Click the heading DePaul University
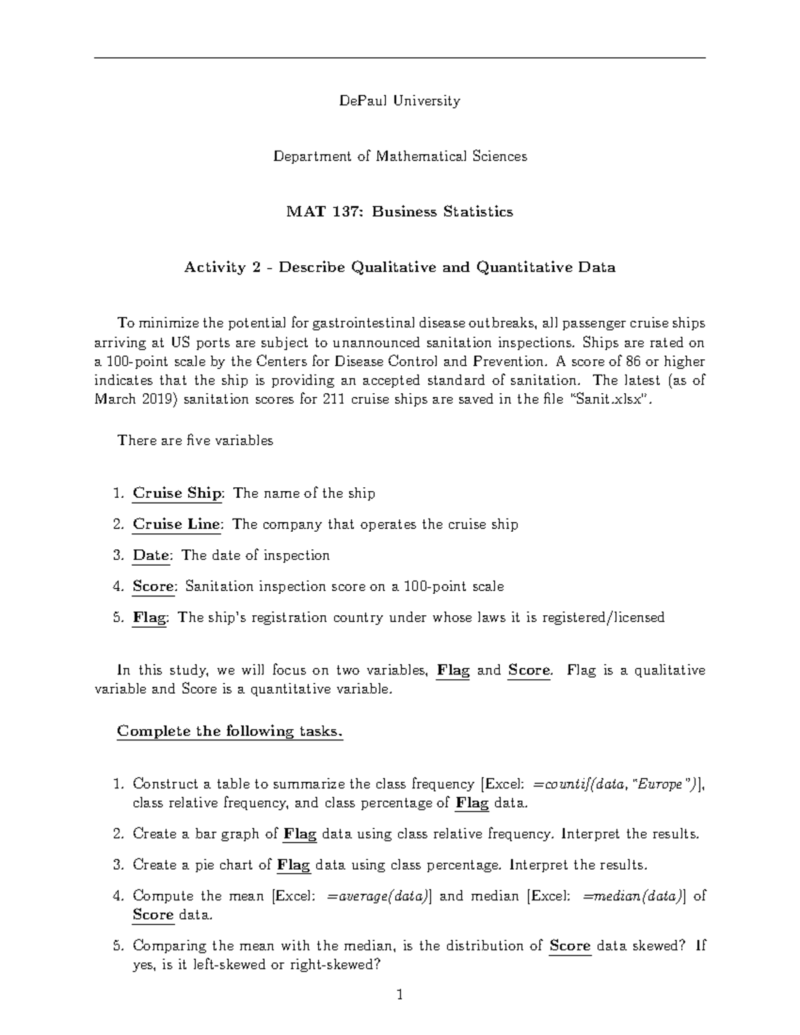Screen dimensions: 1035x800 coord(399,101)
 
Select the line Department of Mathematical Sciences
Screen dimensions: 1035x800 coord(400,156)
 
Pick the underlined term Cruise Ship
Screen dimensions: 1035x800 coord(177,493)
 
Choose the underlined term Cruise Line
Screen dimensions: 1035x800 coord(177,524)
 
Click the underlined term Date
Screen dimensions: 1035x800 coord(152,555)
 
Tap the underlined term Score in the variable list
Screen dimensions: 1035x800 coord(153,586)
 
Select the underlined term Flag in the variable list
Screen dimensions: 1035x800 coord(150,618)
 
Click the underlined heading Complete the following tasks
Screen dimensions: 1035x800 coord(230,731)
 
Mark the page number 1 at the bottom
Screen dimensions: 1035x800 coord(399,996)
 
